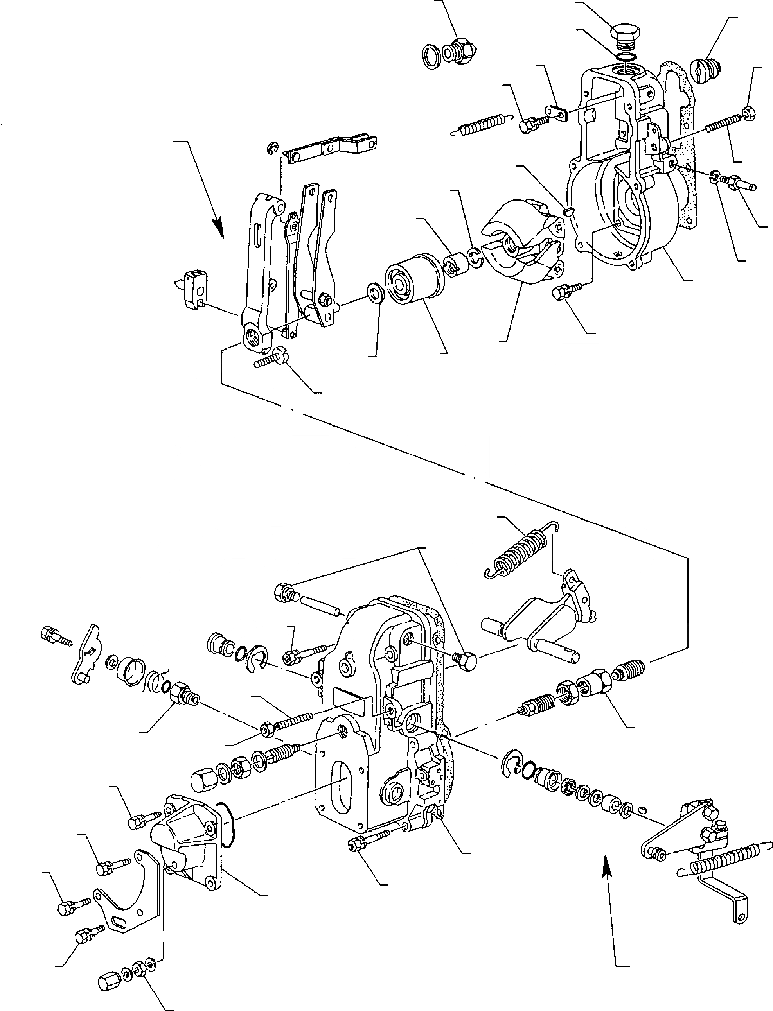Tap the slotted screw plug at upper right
pyautogui.click(x=706, y=70)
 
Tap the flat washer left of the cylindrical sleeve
pyautogui.click(x=376, y=292)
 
